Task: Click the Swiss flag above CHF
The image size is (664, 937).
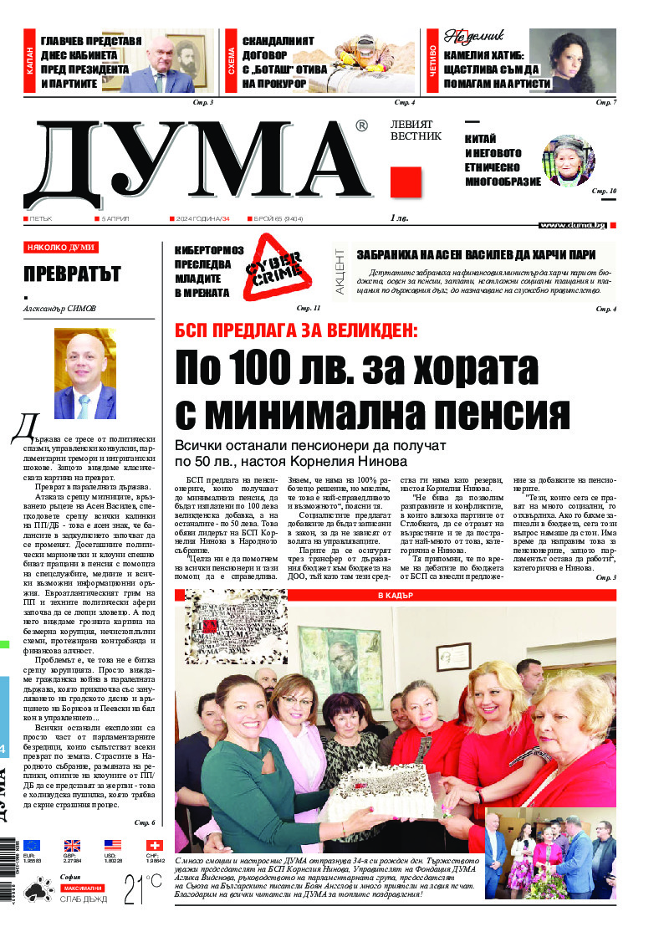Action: (x=154, y=845)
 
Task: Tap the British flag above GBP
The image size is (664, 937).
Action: (x=73, y=845)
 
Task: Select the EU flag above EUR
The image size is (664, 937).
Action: (x=32, y=845)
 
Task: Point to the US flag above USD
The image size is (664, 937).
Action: (x=113, y=845)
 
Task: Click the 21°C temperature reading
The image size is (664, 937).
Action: (x=143, y=888)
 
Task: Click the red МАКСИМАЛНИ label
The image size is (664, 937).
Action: (x=81, y=887)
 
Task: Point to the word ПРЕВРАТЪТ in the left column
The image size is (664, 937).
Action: (x=72, y=274)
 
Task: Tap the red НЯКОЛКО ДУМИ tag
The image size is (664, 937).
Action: (x=61, y=248)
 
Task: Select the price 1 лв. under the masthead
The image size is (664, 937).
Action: (x=399, y=218)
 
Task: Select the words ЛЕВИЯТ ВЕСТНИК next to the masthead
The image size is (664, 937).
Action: (x=416, y=129)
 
